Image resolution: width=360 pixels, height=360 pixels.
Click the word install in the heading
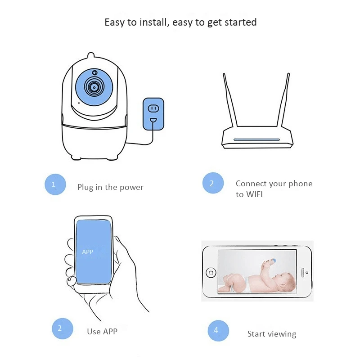coord(153,22)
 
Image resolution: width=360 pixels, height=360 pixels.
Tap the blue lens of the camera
coord(94,87)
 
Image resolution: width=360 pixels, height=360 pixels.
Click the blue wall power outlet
coord(153,114)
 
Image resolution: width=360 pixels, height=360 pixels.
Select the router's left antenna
coord(229,100)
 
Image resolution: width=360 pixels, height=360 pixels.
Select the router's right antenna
coord(283,100)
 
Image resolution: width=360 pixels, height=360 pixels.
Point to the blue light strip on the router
coord(256,139)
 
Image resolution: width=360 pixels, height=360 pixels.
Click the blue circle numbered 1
coord(55,184)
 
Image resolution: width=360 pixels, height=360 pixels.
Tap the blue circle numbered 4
coord(218,331)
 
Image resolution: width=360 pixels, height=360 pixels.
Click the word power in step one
coord(131,188)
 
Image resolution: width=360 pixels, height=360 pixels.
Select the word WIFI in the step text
coord(254,194)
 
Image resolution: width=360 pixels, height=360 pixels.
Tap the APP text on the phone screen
coord(87,252)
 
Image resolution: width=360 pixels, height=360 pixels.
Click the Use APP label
coord(102,332)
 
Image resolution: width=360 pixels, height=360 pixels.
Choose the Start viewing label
coord(272,334)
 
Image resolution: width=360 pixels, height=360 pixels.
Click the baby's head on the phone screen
coord(286,282)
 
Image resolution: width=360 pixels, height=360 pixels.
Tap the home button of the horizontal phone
coord(211,273)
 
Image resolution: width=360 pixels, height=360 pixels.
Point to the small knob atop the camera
coord(91,55)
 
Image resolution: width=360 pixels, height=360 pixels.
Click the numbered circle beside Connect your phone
coord(213,183)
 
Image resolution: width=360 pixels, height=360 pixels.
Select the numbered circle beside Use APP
coord(63,328)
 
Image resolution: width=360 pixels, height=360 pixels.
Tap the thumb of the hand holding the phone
coord(72,281)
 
